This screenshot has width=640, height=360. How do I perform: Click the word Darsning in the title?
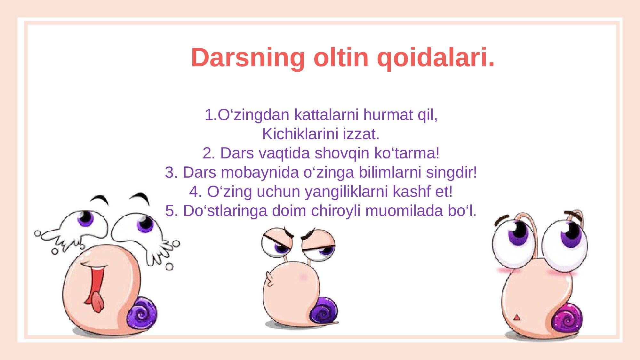click(248, 58)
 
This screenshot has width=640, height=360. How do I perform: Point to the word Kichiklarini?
click(300, 134)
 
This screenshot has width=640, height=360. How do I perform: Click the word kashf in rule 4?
click(412, 191)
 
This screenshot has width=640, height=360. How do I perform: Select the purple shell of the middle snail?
click(323, 310)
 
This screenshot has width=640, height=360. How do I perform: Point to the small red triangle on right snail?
click(516, 317)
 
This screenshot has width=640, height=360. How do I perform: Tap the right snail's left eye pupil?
click(518, 233)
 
